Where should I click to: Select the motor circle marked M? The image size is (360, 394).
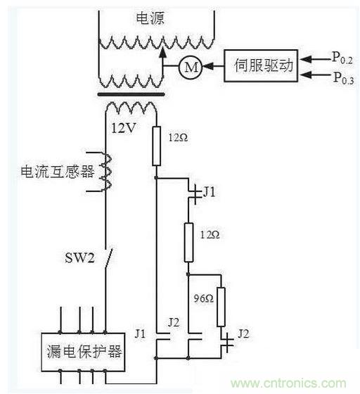click(x=191, y=67)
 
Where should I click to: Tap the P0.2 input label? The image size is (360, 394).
click(x=345, y=56)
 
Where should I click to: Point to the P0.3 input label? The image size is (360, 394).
click(x=345, y=77)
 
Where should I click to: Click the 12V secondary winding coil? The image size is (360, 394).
click(x=131, y=108)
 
